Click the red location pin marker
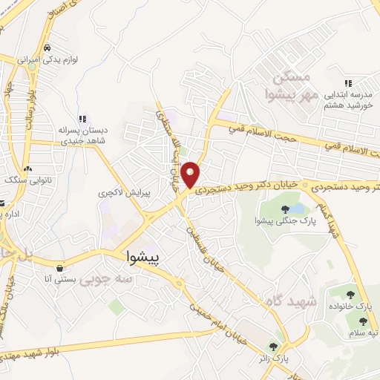[x=191, y=174]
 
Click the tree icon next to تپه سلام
[x=363, y=321]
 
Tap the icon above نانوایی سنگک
[x=27, y=168]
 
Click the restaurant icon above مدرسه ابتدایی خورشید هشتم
[x=347, y=84]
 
